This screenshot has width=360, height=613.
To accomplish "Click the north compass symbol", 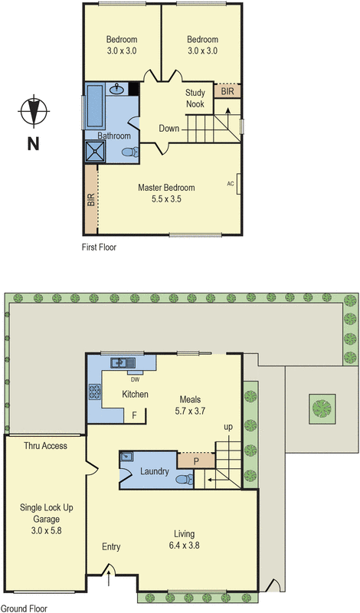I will (33, 111).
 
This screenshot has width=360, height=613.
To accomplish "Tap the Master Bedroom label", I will (166, 188).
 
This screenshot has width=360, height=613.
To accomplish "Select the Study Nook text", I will (196, 98).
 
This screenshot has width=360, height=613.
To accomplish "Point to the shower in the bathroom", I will (97, 149).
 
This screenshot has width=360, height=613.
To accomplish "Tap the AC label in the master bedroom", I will (230, 184).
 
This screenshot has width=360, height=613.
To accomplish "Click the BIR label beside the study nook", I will (227, 90).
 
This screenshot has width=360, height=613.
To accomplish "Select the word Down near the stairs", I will (169, 128).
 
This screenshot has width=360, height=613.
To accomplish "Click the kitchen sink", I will (122, 363).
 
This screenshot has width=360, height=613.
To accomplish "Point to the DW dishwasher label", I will (135, 379).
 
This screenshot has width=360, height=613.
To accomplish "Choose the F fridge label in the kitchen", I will (135, 415).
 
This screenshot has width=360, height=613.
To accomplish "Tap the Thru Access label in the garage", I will (45, 445).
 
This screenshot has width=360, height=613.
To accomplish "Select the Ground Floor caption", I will (24, 608).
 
